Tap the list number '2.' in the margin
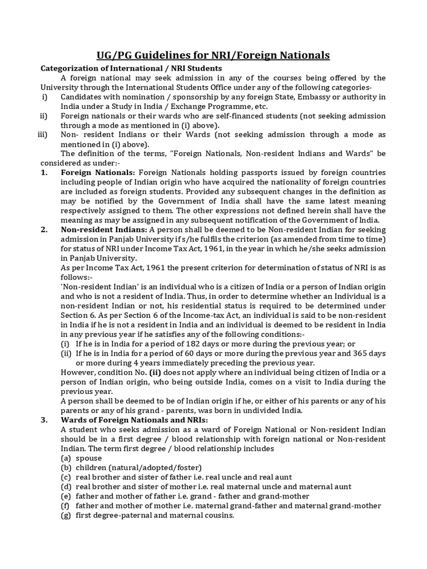click(x=44, y=229)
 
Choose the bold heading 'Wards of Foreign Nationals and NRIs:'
click(x=134, y=420)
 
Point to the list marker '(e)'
click(x=66, y=496)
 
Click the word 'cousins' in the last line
click(x=216, y=515)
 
